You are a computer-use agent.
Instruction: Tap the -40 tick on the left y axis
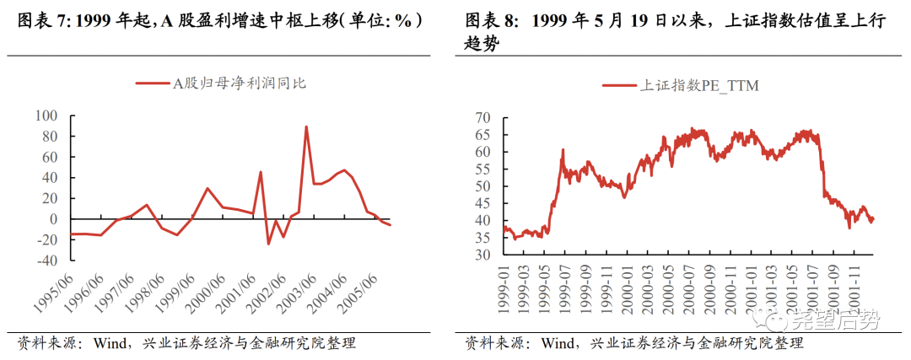50,261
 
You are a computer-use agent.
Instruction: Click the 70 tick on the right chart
482,116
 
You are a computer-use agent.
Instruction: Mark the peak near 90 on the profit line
306,127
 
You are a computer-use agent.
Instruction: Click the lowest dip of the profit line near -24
269,244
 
